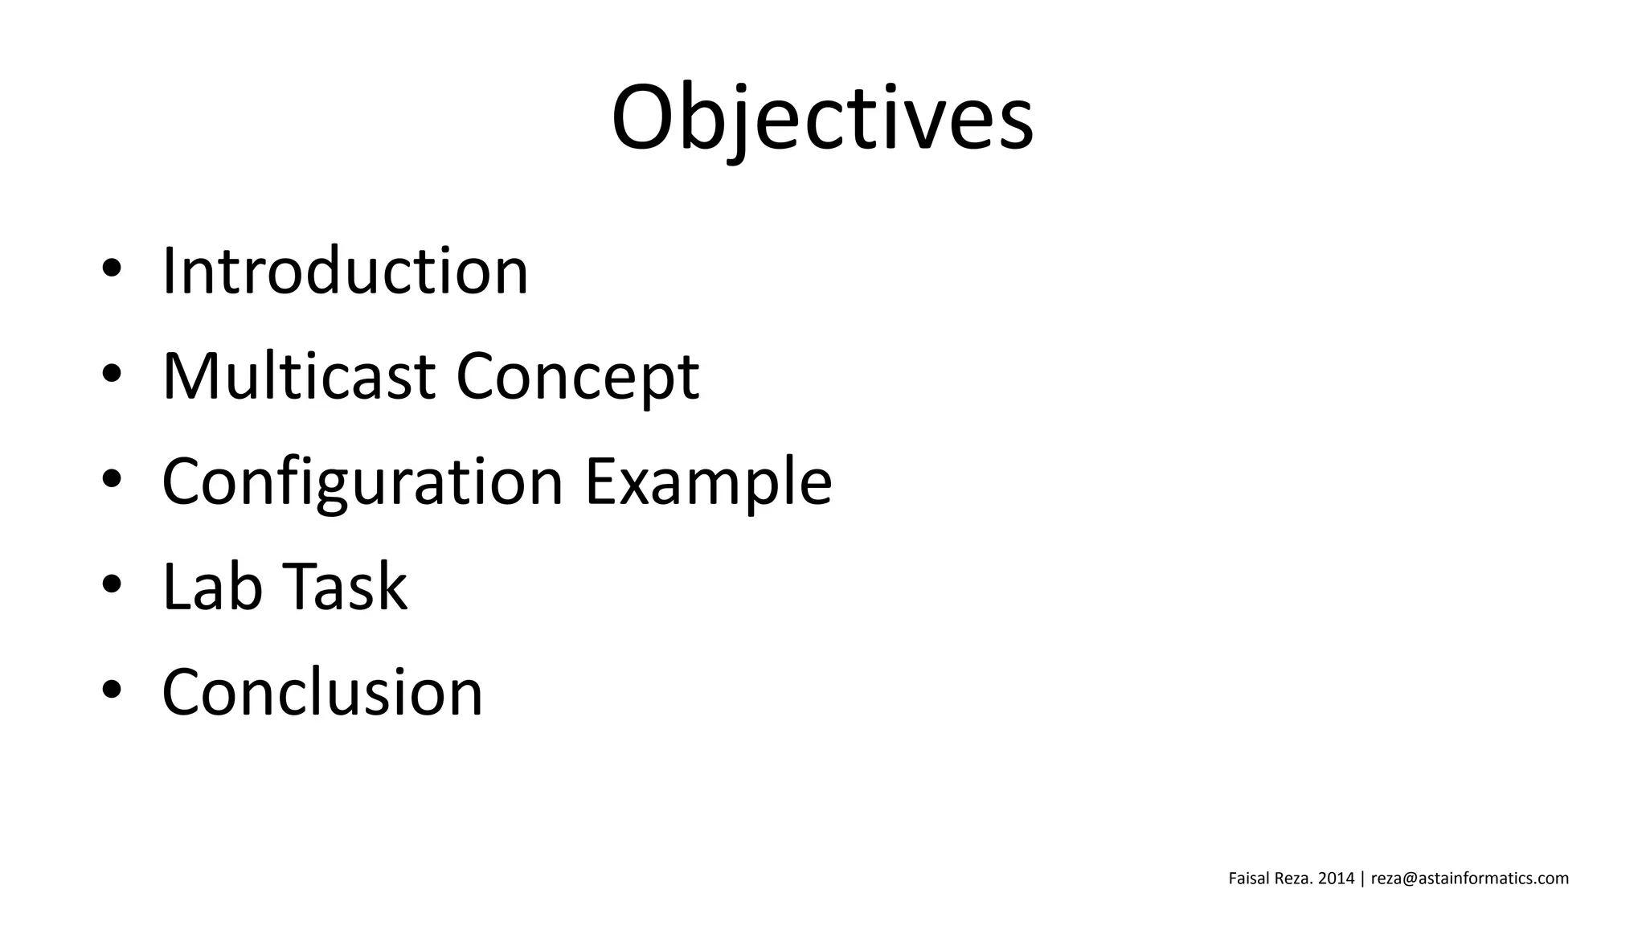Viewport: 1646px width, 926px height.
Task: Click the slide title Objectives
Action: click(822, 118)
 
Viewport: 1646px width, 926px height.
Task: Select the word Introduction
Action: click(346, 271)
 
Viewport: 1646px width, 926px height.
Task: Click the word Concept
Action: click(578, 378)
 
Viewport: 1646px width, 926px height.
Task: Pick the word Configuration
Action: click(362, 482)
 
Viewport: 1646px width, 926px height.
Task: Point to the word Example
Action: click(708, 482)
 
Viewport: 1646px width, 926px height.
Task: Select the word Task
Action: click(346, 587)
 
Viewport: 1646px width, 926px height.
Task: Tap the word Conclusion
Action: click(322, 692)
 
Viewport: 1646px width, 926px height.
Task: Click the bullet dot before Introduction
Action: click(112, 268)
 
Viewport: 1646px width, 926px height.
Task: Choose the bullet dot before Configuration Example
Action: click(112, 479)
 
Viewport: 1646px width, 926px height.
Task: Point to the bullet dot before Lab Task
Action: click(112, 584)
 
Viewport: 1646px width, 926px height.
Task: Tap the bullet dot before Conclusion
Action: click(112, 690)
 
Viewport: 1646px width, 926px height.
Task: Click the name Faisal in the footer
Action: click(1249, 879)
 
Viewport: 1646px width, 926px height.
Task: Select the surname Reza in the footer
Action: click(1294, 879)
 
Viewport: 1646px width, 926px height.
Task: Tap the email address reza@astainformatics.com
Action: click(1470, 879)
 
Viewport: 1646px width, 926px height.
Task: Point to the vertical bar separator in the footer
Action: click(1362, 879)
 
